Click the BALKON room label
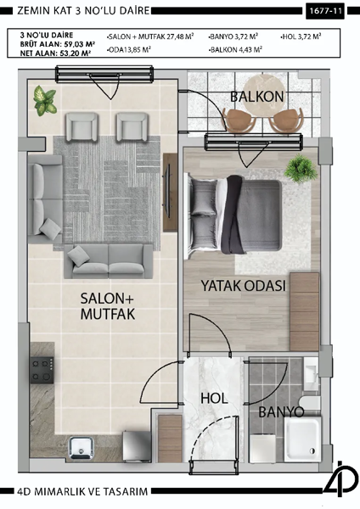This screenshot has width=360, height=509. [x=257, y=97]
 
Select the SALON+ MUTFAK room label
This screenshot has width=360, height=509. [x=109, y=306]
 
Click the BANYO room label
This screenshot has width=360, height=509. [x=280, y=411]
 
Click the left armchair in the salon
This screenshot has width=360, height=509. [x=85, y=128]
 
